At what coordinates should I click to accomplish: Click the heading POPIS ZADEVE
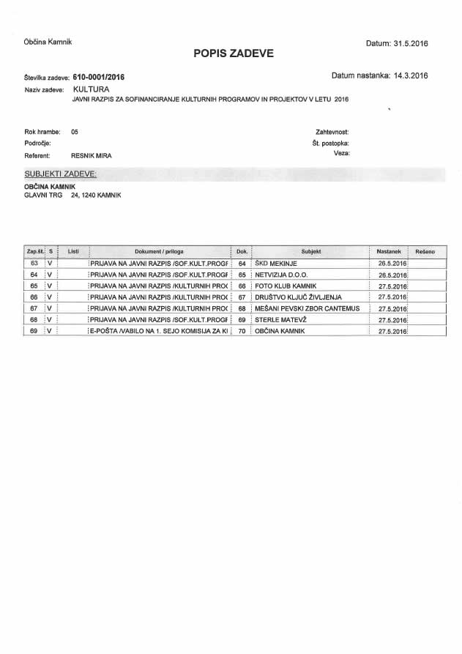tap(234, 53)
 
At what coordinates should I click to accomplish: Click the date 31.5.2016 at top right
tap(410, 43)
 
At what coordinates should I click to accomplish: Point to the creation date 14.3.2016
tap(410, 75)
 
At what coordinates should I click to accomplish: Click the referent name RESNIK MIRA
tap(92, 155)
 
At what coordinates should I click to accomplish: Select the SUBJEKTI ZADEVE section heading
tap(60, 174)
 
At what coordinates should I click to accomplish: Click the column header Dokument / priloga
tap(159, 251)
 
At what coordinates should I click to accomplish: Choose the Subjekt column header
tap(311, 251)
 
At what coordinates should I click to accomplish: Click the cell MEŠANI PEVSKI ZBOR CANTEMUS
tap(308, 308)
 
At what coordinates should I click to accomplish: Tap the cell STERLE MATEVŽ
tap(280, 319)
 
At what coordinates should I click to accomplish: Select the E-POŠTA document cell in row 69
tap(159, 331)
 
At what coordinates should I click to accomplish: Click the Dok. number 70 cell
tap(241, 331)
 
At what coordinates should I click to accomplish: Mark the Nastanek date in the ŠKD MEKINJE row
tap(392, 262)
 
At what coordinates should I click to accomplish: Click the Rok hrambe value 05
tap(75, 132)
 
